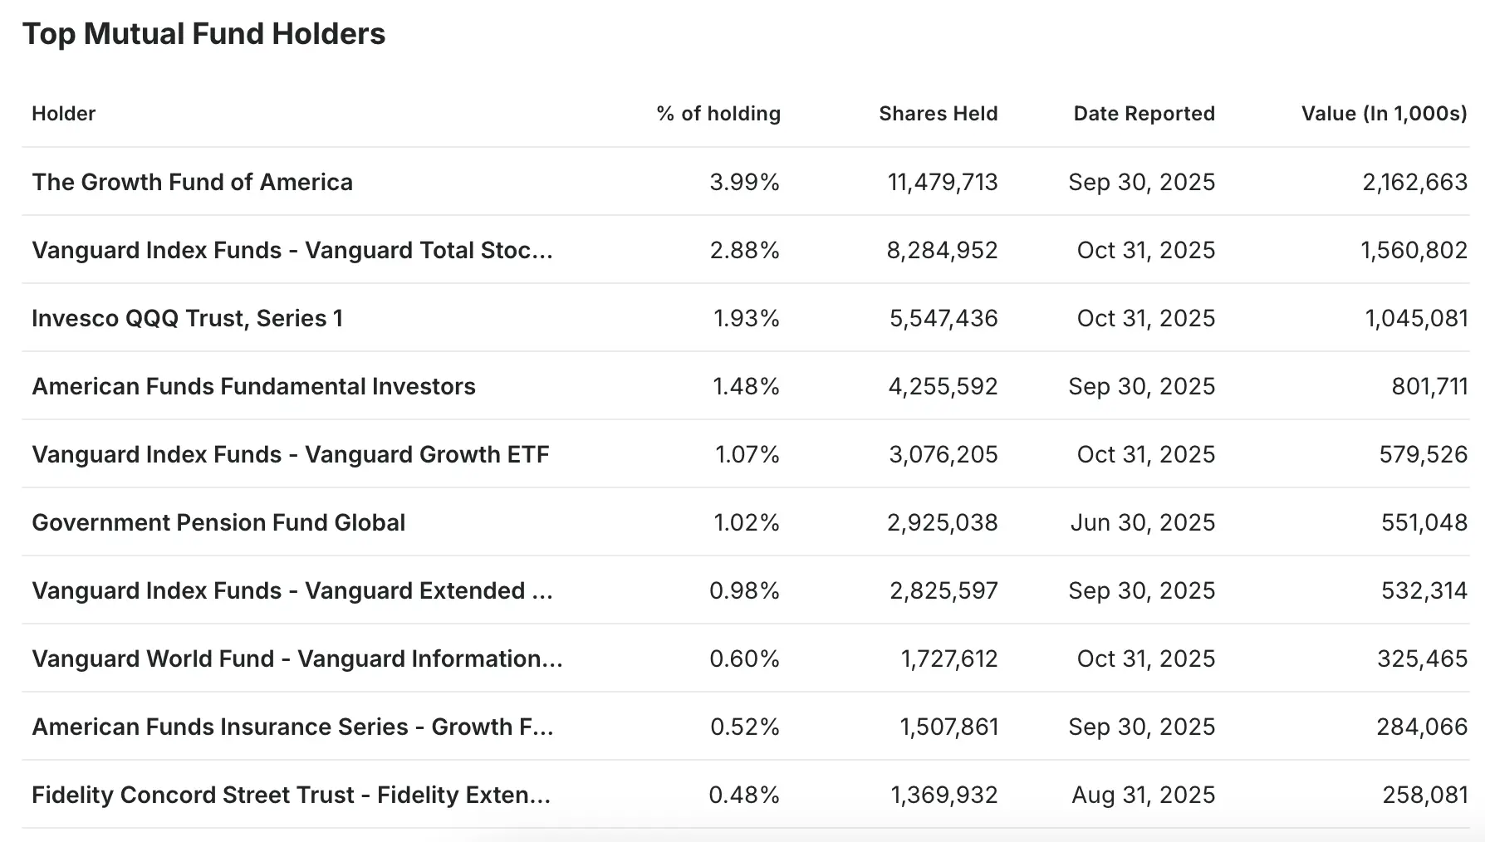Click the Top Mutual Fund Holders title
(x=203, y=34)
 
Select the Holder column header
(x=64, y=114)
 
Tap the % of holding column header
(x=718, y=114)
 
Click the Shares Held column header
(x=939, y=114)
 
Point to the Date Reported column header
(x=1144, y=114)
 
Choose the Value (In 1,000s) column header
(x=1385, y=114)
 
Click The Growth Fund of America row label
(x=192, y=182)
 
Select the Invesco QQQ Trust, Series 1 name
(x=187, y=318)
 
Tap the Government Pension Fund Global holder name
(x=218, y=522)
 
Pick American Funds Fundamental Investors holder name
(x=253, y=386)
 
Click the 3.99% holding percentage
(x=744, y=182)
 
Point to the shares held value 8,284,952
(x=942, y=250)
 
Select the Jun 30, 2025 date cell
(x=1142, y=522)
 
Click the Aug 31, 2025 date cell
(x=1143, y=795)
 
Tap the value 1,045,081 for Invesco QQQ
(x=1417, y=318)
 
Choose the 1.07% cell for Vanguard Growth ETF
(x=747, y=454)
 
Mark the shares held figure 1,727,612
(x=949, y=658)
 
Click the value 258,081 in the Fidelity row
(x=1425, y=795)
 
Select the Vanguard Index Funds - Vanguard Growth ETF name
(x=291, y=454)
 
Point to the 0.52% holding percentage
(x=745, y=727)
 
